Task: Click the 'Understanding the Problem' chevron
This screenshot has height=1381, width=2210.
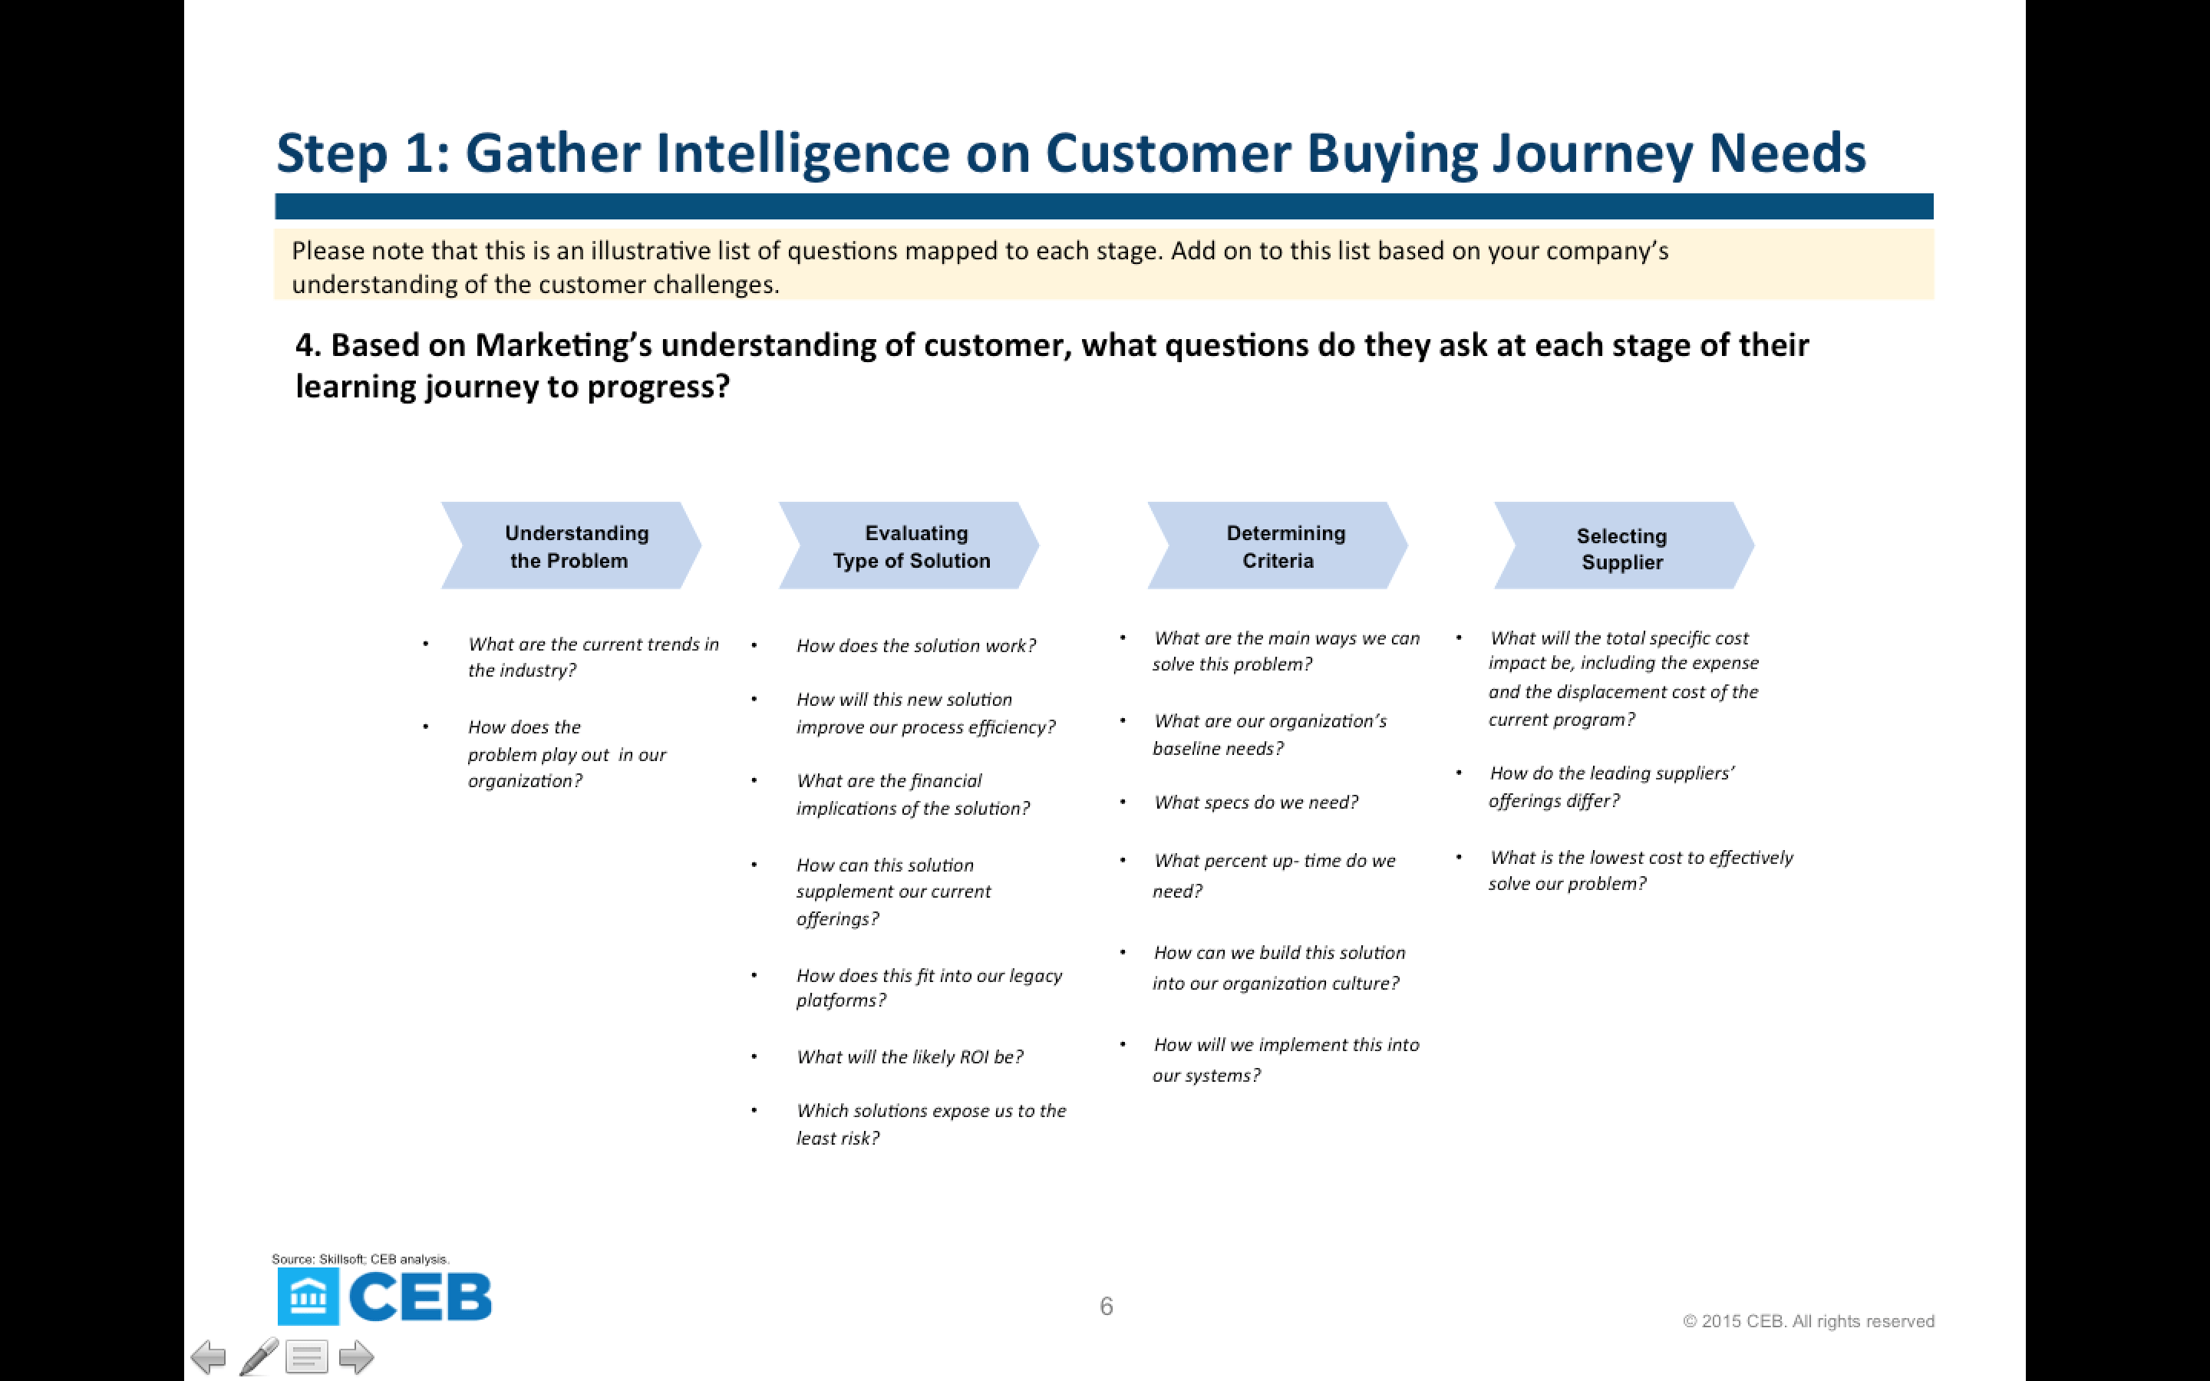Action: pos(572,545)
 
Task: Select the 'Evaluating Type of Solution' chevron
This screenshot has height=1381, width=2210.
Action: pos(909,545)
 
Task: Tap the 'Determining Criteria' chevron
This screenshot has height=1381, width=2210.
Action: pos(1278,545)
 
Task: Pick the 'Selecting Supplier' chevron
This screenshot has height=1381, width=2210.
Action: pos(1624,545)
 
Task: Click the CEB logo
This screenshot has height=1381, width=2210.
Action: pos(384,1296)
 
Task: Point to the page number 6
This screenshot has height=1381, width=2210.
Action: pos(1106,1306)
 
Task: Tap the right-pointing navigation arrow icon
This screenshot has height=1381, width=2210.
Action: pos(356,1356)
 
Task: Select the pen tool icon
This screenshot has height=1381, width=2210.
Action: pos(259,1356)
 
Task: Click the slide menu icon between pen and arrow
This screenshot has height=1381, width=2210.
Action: pos(307,1356)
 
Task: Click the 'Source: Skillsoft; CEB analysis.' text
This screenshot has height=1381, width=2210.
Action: pos(361,1258)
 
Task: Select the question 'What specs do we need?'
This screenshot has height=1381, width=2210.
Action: pos(1255,802)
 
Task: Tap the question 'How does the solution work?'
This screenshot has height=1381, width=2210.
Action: pos(916,646)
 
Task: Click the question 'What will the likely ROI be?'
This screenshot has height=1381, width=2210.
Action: pos(909,1056)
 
